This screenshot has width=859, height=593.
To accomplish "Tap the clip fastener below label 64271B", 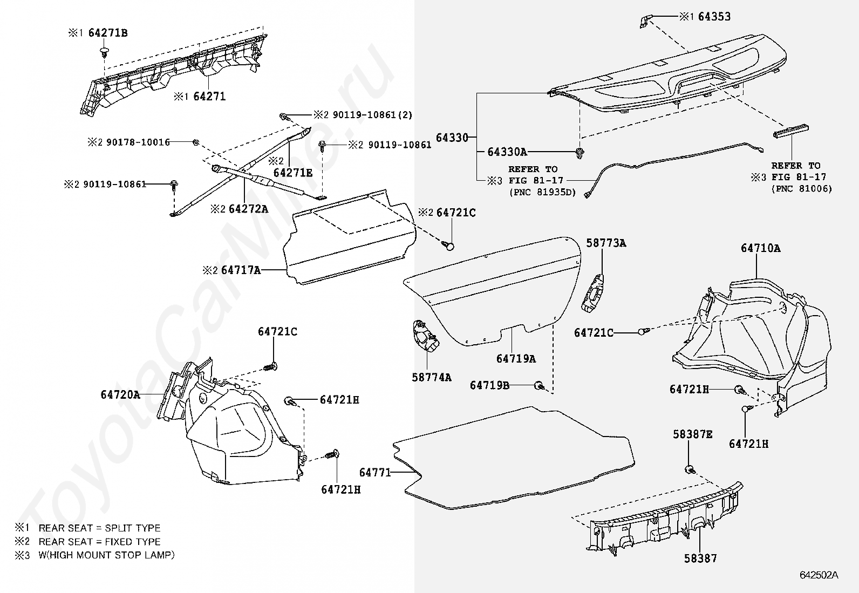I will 104,52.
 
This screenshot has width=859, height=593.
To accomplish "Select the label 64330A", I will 507,152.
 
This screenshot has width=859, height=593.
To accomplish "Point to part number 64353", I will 714,17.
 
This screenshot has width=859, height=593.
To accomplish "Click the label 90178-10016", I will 138,142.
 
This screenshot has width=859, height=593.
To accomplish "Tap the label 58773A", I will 606,243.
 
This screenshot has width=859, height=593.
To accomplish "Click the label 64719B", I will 489,385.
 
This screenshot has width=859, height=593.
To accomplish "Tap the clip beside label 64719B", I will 538,385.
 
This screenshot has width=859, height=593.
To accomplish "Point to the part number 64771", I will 374,473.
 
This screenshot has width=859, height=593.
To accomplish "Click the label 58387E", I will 692,434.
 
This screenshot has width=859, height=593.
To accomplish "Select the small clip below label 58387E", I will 689,469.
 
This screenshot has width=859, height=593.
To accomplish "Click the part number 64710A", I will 760,248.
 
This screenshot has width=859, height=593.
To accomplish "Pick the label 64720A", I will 120,395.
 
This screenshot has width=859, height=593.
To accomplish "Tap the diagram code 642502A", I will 819,575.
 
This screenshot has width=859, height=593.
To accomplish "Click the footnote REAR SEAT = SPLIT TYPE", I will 99,528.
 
